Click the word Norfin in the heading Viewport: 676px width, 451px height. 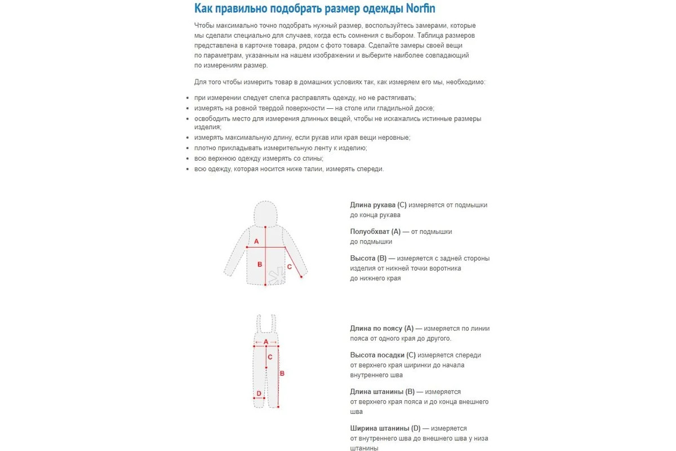tap(415, 8)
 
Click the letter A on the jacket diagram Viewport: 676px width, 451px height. tap(256, 241)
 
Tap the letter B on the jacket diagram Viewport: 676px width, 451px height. tap(260, 264)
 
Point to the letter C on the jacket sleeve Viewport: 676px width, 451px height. tap(290, 266)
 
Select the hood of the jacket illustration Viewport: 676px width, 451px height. tap(266, 214)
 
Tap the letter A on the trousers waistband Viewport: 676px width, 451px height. tap(266, 342)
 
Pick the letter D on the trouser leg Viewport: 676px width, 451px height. tap(259, 393)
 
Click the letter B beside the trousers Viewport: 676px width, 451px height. tap(282, 373)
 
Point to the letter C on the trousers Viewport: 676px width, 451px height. tap(270, 356)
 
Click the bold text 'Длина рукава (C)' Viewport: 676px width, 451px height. tap(378, 205)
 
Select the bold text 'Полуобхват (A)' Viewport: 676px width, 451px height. tap(375, 232)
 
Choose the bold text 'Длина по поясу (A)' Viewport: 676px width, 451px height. tap(381, 329)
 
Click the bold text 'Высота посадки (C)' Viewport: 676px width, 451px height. tap(383, 355)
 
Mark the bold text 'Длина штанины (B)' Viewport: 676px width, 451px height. tap(382, 392)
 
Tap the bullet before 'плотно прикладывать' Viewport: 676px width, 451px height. tap(188, 148)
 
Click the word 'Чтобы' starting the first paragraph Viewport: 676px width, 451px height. tap(204, 26)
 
